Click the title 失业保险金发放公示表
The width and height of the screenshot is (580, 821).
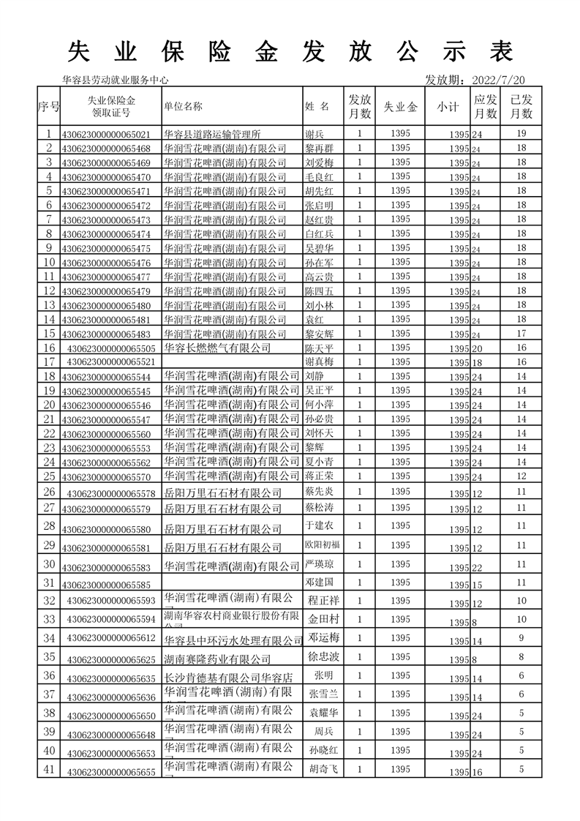[x=290, y=51]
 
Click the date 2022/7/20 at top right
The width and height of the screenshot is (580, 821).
[x=500, y=80]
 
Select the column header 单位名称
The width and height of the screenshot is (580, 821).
[x=183, y=106]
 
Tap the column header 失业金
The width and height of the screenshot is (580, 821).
[x=401, y=107]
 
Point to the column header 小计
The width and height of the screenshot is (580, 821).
[x=448, y=107]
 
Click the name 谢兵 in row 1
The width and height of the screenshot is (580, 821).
[x=313, y=134]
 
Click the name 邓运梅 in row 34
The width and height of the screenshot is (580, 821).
[x=323, y=637]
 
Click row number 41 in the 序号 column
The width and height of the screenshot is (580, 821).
[x=49, y=769]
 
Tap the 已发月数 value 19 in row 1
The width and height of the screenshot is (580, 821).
[x=521, y=134]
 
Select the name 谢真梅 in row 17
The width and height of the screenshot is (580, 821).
[x=318, y=361]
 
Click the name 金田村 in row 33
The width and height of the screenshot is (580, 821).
[x=323, y=618]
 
